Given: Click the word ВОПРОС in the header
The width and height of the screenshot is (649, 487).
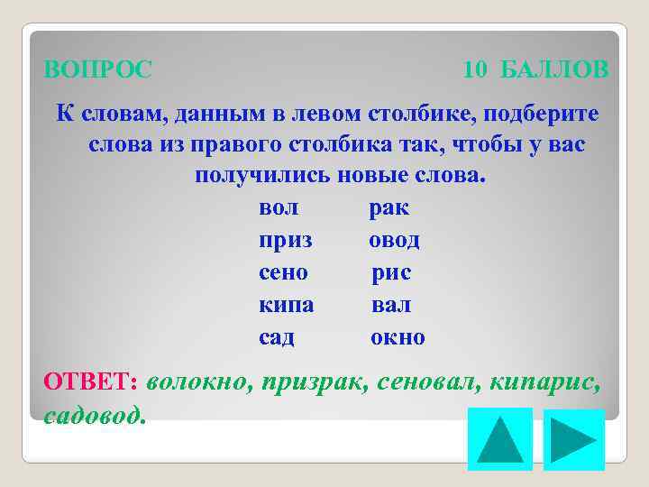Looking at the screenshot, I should pos(98,69).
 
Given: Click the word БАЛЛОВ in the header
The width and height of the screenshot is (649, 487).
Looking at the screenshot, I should pos(553,69).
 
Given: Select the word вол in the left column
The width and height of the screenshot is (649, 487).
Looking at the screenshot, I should pos(279,208).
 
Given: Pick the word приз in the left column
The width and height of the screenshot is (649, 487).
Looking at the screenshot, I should pos(286,241).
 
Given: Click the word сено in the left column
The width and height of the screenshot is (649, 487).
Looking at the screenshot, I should pos(283,273).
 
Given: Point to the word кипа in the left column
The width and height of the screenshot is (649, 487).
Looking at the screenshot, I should pos(286,306).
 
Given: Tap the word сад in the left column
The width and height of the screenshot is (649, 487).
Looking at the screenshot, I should pos(277,338).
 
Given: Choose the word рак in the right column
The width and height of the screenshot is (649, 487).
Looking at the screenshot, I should pos(388,208).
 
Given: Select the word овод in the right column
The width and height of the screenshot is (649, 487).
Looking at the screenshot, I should pos(394,241).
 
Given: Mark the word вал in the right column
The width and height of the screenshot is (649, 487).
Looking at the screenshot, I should pos(391,306).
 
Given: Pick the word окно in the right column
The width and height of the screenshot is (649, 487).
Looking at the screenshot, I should pos(398,338).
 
